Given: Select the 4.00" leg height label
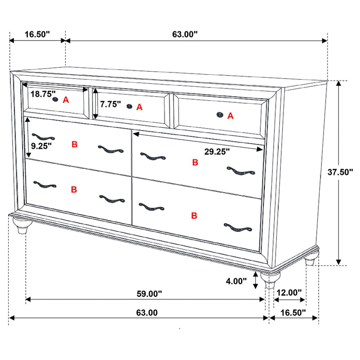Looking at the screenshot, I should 236,282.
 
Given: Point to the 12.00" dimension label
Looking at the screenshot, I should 289,293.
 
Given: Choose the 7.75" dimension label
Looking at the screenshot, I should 111,104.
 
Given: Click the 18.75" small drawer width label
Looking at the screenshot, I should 42,94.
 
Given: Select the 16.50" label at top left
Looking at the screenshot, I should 37,34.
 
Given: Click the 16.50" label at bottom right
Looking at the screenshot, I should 292,312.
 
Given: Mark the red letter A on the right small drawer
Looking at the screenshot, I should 230,116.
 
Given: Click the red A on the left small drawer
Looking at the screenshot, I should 66,100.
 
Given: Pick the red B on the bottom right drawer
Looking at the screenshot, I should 194,215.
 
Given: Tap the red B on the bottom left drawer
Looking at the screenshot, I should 74,190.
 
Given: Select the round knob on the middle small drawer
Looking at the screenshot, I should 129,106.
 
